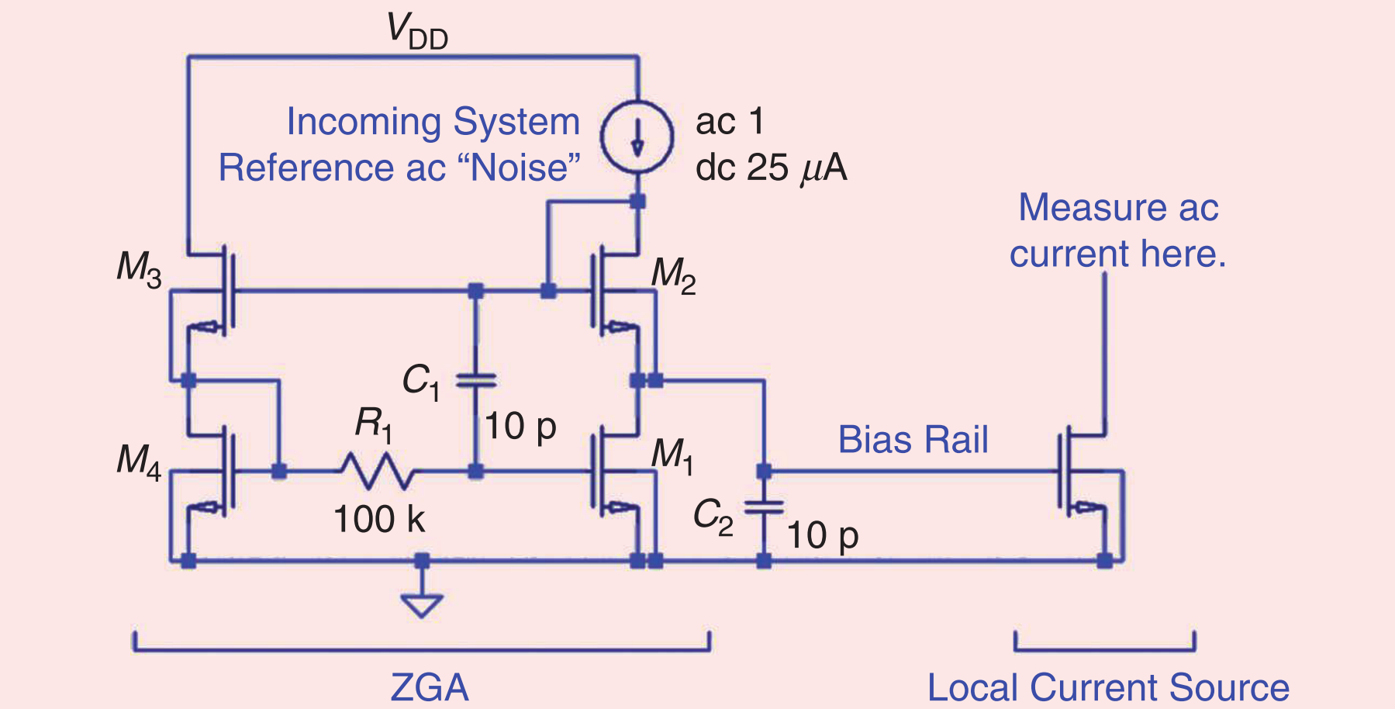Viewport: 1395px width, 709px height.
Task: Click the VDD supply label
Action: (x=417, y=32)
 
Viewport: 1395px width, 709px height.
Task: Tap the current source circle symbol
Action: (x=637, y=136)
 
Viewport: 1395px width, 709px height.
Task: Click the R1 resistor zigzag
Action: (x=377, y=471)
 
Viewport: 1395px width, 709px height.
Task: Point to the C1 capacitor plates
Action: (x=476, y=380)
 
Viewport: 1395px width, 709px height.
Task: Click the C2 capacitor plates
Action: (x=764, y=508)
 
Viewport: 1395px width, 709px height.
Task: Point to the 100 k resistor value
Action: (x=379, y=519)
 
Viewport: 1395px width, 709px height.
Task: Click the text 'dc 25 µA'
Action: (x=771, y=168)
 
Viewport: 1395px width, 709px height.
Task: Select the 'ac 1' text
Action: (x=730, y=122)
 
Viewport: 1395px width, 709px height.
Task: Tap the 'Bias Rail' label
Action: (x=913, y=440)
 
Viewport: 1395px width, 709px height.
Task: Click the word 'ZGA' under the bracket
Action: (x=429, y=687)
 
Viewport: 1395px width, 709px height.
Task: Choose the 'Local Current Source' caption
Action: (x=1107, y=687)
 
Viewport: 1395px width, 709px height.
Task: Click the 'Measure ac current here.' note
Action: (x=1117, y=230)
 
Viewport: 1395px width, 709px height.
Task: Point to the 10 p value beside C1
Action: (x=520, y=427)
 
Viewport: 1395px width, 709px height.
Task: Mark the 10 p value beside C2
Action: (x=822, y=535)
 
